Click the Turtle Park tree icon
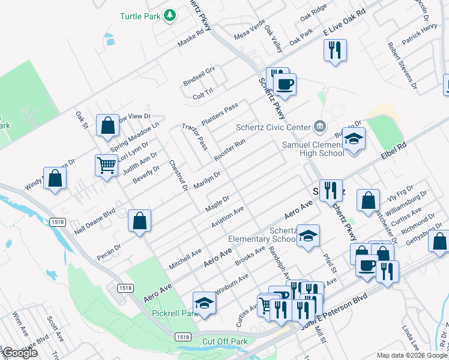pos(170,16)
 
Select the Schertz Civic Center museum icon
pos(320,126)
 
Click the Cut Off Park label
pos(225,341)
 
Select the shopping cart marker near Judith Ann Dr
pos(106,164)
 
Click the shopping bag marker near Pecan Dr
pos(139,220)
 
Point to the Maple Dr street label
pos(217,203)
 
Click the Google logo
pos(20,353)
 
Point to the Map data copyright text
pos(411,355)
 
